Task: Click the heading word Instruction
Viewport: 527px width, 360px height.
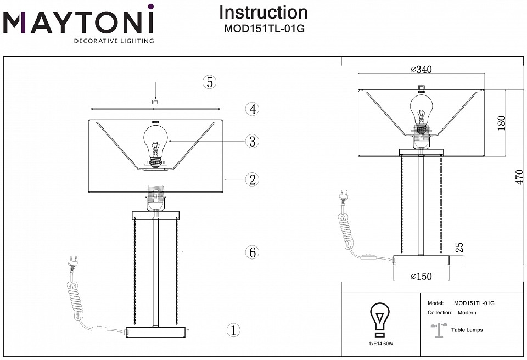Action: pos(263,12)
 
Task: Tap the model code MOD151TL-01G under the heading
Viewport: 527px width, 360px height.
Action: pos(263,29)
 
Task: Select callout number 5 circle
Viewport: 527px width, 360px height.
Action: pos(209,82)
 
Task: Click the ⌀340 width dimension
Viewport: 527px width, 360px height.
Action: pos(422,69)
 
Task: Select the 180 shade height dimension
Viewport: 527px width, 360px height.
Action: pos(501,122)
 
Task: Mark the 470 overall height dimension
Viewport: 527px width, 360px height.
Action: pos(519,177)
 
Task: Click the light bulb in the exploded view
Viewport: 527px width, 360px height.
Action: pos(155,144)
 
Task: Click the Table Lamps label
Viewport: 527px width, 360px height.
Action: pos(467,330)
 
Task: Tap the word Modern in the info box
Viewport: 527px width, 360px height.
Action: pos(467,313)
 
